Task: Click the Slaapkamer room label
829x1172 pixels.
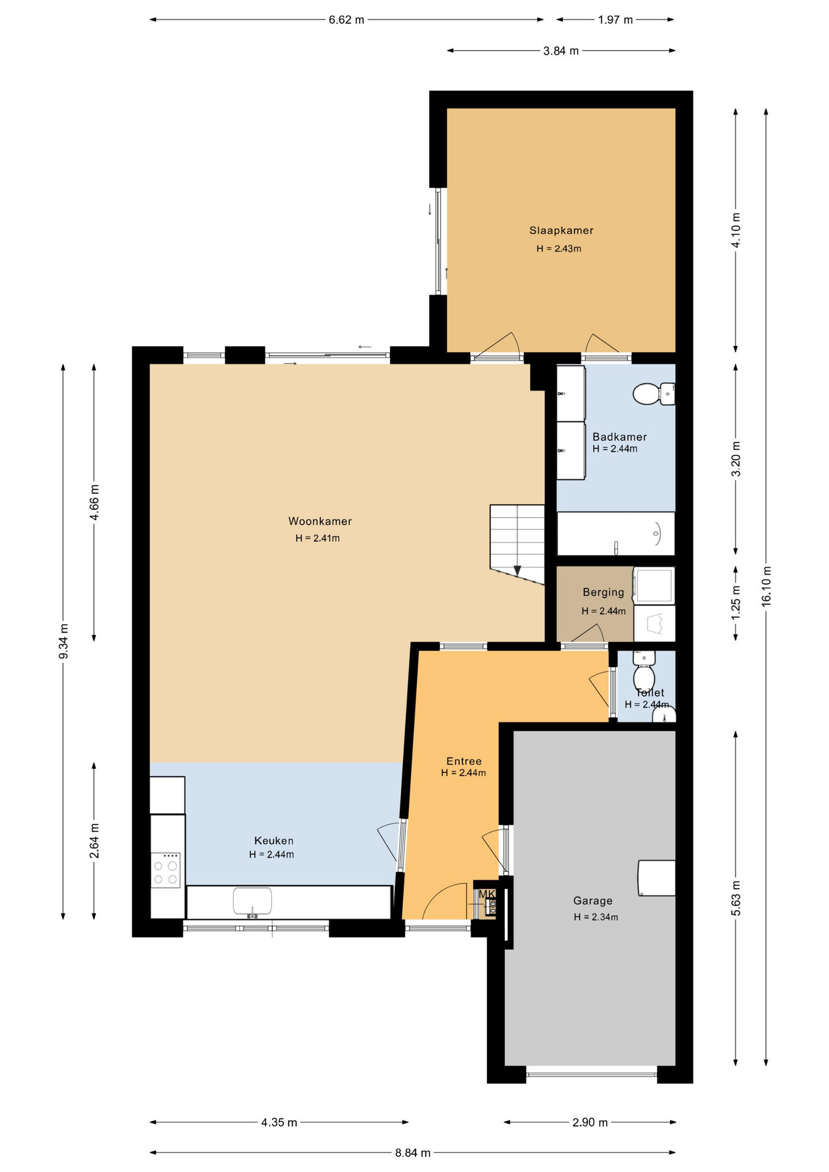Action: coord(561,230)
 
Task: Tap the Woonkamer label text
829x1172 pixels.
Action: coord(320,521)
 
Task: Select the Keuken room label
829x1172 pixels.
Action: coord(273,841)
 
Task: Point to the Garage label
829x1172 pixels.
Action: coord(593,900)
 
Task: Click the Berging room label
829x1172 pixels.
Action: coord(604,592)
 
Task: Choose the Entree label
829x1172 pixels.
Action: coord(464,761)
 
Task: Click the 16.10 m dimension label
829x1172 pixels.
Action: coord(767,586)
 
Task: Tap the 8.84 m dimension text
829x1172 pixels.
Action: coord(413,1152)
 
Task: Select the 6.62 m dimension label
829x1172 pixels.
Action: coord(346,20)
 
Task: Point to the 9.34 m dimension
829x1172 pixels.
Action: coord(63,642)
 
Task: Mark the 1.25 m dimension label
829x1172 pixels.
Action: coord(736,602)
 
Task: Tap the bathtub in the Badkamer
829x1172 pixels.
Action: coord(616,534)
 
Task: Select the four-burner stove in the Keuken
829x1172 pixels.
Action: coord(165,870)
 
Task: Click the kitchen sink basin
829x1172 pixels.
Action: coord(252,902)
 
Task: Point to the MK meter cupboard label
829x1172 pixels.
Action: coord(487,894)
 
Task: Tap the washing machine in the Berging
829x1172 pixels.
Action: coord(654,585)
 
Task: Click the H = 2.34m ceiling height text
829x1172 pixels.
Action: coord(596,917)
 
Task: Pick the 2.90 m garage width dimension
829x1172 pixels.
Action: coord(590,1122)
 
